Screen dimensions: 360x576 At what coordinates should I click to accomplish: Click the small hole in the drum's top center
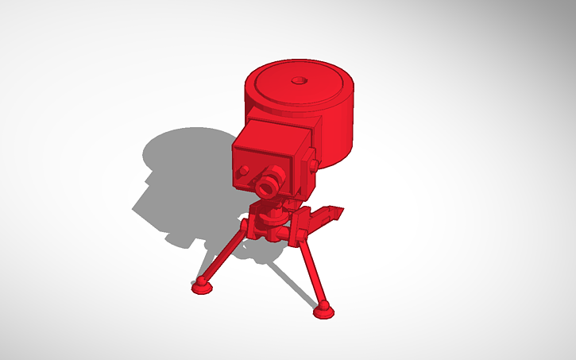click(x=300, y=80)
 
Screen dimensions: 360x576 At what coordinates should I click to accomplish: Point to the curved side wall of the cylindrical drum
click(x=338, y=135)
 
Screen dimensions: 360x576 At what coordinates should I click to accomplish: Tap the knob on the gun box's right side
click(x=313, y=165)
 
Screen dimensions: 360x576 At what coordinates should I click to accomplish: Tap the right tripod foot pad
click(x=323, y=312)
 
